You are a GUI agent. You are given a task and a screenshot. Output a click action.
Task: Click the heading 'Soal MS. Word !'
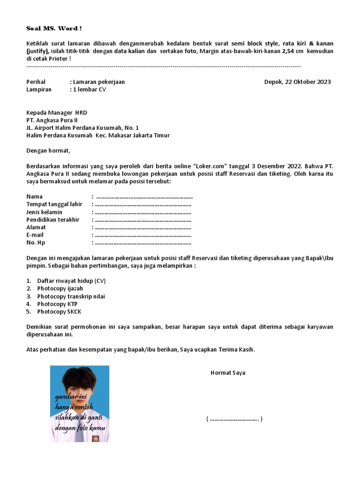[x=54, y=29]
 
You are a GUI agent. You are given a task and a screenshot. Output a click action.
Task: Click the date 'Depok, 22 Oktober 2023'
[x=297, y=82]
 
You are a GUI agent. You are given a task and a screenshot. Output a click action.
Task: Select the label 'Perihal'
[x=36, y=82]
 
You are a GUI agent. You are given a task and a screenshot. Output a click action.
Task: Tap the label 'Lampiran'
[x=39, y=90]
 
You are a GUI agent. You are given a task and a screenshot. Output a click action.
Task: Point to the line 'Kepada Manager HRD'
[x=57, y=112]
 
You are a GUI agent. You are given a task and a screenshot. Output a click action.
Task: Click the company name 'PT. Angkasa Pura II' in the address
[x=52, y=120]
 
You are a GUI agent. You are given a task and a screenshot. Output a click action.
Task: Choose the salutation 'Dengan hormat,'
[x=48, y=151]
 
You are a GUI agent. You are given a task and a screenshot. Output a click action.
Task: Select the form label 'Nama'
[x=35, y=197]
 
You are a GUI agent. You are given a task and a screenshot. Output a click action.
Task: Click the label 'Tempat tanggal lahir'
[x=54, y=204]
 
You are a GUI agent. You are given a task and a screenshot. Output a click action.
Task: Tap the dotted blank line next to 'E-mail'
[x=143, y=235]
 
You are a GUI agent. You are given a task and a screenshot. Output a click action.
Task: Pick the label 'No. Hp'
[x=36, y=243]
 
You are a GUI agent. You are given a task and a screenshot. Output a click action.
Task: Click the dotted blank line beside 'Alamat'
[x=143, y=227]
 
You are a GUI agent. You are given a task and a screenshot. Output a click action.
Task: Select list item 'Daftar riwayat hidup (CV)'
[x=72, y=281]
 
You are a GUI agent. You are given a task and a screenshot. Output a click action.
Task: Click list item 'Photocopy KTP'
[x=57, y=304]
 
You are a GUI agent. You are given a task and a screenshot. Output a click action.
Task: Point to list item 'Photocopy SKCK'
[x=59, y=312]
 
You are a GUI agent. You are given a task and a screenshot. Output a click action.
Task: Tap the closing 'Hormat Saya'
[x=228, y=373]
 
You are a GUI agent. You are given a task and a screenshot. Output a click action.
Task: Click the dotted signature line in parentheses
[x=234, y=419]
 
